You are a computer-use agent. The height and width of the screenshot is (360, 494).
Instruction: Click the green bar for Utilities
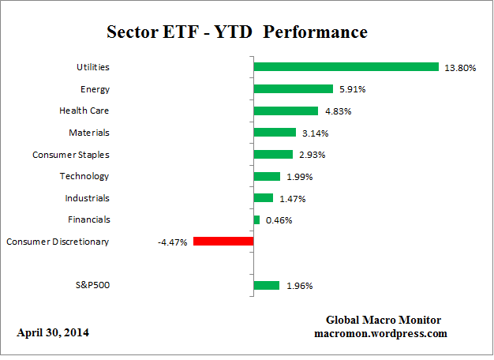345,67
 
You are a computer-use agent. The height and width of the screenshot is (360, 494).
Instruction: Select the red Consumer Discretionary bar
223,242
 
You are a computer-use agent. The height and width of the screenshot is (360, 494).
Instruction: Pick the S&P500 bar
266,286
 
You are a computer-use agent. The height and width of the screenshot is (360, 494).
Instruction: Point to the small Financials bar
256,219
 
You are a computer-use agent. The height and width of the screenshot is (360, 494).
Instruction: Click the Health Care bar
285,111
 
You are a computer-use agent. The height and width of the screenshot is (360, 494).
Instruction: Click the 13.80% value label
459,68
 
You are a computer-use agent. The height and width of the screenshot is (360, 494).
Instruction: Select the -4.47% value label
173,242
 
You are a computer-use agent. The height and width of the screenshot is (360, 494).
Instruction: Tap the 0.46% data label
278,220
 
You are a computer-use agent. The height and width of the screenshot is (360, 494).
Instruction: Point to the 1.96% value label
299,286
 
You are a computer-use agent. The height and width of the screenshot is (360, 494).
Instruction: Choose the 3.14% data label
314,133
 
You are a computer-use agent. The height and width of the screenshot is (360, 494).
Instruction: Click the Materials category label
89,133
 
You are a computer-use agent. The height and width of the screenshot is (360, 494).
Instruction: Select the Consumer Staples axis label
71,155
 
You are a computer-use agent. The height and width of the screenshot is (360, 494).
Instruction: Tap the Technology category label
84,176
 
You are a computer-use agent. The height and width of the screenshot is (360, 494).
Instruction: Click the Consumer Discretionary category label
58,242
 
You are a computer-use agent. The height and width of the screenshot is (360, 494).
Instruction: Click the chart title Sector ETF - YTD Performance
237,33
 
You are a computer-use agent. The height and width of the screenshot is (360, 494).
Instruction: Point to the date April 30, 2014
53,332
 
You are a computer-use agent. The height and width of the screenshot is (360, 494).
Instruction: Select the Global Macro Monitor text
384,320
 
